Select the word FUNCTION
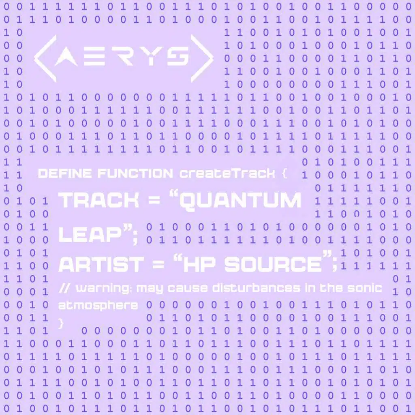point(135,174)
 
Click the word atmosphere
point(98,305)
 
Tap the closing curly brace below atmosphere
point(62,323)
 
